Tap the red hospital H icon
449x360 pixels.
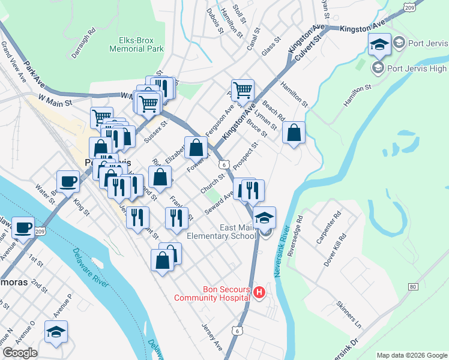click(259, 293)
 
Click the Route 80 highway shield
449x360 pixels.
click(412, 287)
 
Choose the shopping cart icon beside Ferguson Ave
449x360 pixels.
click(243, 91)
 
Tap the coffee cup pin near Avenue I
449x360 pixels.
click(23, 227)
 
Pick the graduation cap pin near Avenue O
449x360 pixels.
click(56, 331)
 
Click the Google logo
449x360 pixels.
click(20, 353)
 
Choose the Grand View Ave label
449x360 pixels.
click(13, 61)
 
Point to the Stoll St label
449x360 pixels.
click(240, 13)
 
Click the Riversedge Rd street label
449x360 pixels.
click(294, 236)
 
